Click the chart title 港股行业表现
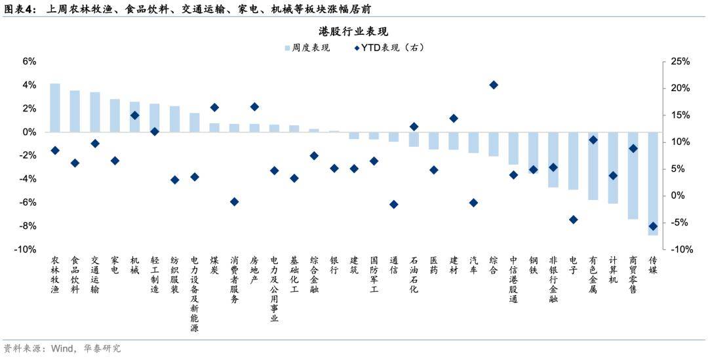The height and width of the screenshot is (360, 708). [x=354, y=31]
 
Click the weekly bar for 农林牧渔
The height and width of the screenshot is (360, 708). [x=55, y=108]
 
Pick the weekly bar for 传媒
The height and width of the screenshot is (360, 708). [x=653, y=184]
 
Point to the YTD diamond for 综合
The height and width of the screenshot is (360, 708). [x=494, y=85]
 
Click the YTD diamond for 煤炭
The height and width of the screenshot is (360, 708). [x=214, y=108]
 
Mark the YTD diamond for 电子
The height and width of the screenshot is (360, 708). [x=573, y=220]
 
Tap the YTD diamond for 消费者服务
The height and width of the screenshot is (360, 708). [x=234, y=202]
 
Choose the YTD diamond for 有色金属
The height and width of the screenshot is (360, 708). [x=593, y=140]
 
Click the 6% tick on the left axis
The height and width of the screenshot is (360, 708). [x=29, y=61]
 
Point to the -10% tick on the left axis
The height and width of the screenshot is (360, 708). [x=26, y=250]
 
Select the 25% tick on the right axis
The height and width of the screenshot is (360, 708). [x=682, y=61]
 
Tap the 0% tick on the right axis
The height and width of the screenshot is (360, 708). [x=679, y=196]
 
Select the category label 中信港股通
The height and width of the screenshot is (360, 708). [x=513, y=279]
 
